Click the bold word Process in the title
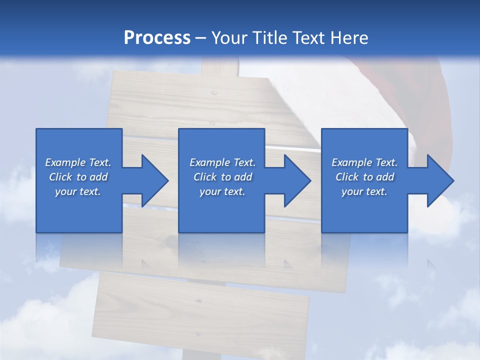click(157, 37)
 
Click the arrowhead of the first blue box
click(152, 180)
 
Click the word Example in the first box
click(65, 162)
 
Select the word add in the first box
click(99, 177)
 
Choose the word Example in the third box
click(351, 162)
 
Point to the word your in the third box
click(351, 191)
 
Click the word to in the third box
click(367, 177)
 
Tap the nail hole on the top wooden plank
click(214, 93)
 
